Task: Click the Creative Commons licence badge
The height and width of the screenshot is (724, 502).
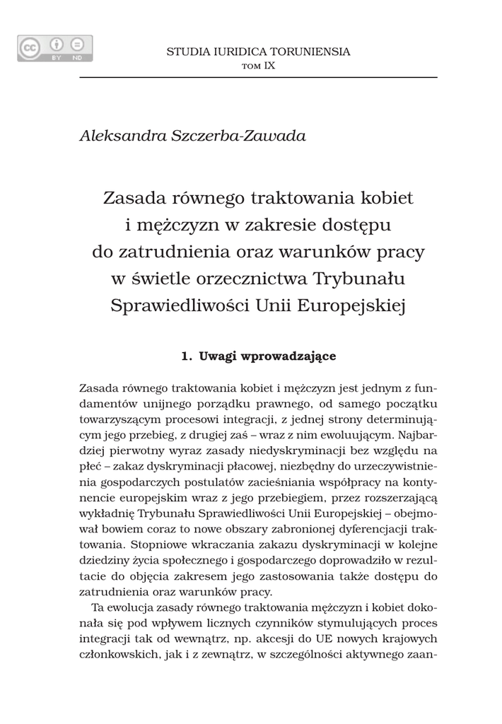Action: pyautogui.click(x=55, y=48)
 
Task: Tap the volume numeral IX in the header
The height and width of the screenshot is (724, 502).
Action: pyautogui.click(x=269, y=65)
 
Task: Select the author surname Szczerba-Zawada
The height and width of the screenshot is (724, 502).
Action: pyautogui.click(x=238, y=136)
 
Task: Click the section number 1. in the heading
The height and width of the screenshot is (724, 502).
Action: pyautogui.click(x=187, y=356)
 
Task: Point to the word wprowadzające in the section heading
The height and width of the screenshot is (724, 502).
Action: pyautogui.click(x=288, y=357)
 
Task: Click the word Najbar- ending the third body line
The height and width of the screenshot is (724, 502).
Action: pyautogui.click(x=416, y=434)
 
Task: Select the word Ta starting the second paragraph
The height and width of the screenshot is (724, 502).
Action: pyautogui.click(x=99, y=608)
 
